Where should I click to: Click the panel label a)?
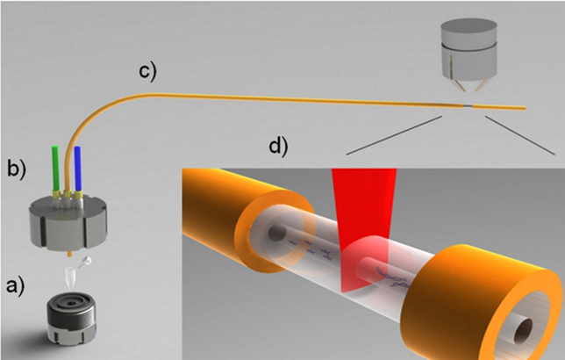[x=15, y=287]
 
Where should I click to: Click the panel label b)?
[x=17, y=168]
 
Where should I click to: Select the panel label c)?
[x=148, y=71]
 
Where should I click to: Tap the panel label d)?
[x=279, y=147]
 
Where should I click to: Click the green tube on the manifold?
[x=55, y=168]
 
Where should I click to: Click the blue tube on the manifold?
[x=77, y=169]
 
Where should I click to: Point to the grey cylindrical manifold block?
[x=68, y=224]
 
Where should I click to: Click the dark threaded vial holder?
[x=71, y=318]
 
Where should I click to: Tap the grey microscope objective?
[x=468, y=54]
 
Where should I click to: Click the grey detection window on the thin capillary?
[x=467, y=106]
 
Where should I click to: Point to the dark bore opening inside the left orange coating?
[x=277, y=233]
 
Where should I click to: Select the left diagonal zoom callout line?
[x=394, y=135]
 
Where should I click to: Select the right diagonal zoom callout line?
[x=520, y=135]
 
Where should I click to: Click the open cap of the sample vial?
[x=86, y=261]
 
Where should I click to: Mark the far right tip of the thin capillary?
[x=525, y=108]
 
